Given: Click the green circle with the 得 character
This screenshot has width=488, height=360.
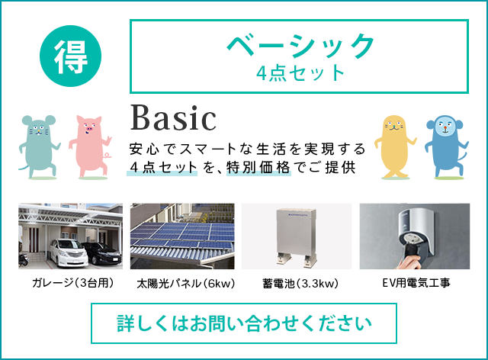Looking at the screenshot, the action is click(71, 56).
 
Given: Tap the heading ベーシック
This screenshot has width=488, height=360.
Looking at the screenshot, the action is click(300, 46).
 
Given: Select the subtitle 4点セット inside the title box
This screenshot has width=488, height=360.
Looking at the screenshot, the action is click(300, 73).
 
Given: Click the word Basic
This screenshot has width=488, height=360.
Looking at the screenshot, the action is click(173, 118).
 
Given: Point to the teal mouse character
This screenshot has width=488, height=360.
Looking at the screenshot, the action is click(39, 146).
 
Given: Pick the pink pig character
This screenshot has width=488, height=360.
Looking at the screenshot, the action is click(90, 146).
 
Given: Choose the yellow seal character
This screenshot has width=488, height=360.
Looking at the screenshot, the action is click(395, 146).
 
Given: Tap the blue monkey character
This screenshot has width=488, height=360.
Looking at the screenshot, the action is click(445, 146).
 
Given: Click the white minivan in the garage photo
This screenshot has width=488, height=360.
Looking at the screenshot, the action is click(68, 252).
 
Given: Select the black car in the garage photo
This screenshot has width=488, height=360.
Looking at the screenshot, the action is click(101, 253).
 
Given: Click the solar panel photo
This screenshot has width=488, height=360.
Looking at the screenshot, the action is click(182, 236).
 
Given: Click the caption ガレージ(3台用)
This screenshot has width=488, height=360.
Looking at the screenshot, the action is click(73, 283).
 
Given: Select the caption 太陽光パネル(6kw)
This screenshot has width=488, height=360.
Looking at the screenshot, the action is click(186, 284).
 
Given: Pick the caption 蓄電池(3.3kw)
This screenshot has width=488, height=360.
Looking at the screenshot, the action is click(300, 284).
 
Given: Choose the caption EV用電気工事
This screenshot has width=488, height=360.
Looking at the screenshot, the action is click(416, 283).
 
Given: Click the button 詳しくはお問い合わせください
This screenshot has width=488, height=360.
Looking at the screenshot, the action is click(244, 323).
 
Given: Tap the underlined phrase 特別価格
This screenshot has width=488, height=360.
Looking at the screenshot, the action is click(258, 168).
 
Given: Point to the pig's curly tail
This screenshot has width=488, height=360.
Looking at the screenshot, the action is click(108, 155).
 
